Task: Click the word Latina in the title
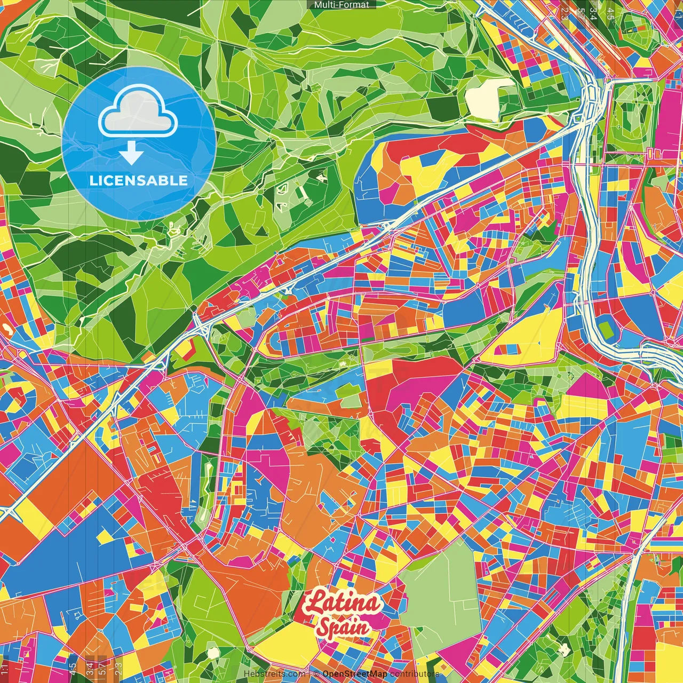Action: (343, 603)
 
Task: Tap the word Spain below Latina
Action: (343, 626)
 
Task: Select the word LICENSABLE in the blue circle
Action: (139, 180)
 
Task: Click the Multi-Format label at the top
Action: (341, 5)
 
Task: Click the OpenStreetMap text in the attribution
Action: (355, 674)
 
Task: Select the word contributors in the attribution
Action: (414, 674)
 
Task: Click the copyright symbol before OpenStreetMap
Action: (316, 674)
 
